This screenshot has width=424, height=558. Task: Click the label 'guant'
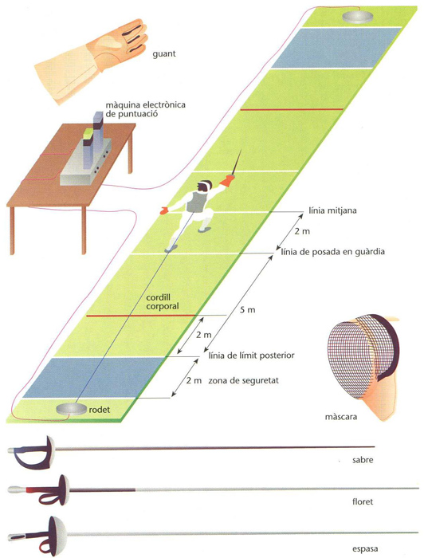[x=164, y=54]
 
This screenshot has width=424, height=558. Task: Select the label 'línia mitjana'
[x=332, y=210]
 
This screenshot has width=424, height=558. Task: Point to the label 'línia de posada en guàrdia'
[x=333, y=253]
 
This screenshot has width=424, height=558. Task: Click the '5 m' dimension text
[x=248, y=310]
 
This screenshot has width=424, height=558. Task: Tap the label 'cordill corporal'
[x=163, y=302]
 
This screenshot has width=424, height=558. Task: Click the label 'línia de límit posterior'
[x=251, y=356]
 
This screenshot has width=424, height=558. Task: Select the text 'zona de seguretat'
[x=243, y=380]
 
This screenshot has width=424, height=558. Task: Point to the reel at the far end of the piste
[x=358, y=17]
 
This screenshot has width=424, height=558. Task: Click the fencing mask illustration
[x=363, y=367]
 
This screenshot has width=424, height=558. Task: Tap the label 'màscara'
[x=341, y=417]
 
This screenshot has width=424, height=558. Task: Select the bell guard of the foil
[x=64, y=490]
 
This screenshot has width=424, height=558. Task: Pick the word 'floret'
[x=363, y=501]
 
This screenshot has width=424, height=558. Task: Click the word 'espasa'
[x=364, y=549]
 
